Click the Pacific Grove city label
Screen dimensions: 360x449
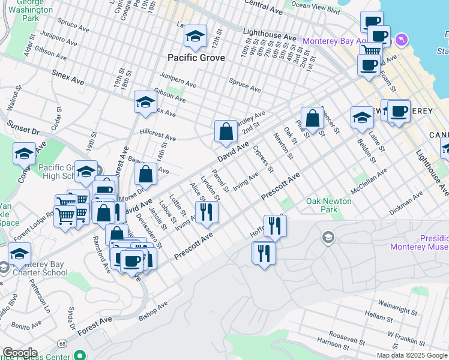pos(196,58)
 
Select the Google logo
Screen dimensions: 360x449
pos(19,353)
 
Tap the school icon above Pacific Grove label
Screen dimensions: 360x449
pos(195,37)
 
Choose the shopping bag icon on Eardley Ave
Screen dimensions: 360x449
pos(225,131)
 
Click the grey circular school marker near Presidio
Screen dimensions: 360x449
pos(328,238)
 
